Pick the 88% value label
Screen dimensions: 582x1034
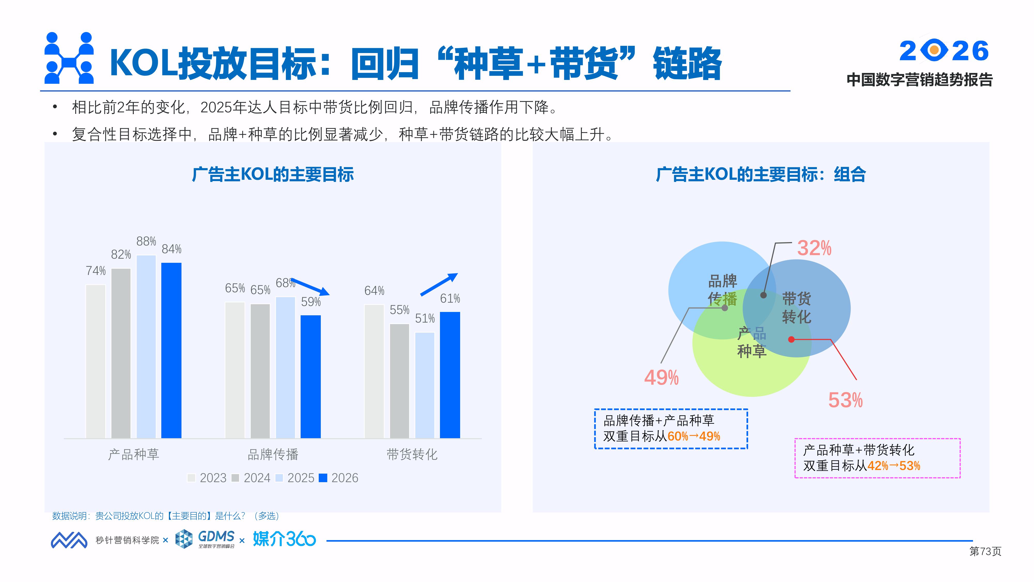(146, 241)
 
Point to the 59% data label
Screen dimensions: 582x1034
(311, 302)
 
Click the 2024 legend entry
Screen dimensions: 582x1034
(252, 478)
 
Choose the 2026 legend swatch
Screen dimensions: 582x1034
(323, 478)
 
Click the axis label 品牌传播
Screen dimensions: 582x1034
(273, 455)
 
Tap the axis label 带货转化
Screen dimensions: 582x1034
(412, 455)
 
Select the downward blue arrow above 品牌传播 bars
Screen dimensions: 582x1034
(310, 286)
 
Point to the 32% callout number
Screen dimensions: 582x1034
(814, 248)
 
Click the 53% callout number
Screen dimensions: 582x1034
(845, 400)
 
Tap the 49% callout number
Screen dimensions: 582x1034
(661, 378)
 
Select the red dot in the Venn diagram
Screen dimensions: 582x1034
(792, 339)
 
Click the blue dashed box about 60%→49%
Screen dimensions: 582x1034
(671, 429)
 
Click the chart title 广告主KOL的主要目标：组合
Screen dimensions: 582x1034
(761, 175)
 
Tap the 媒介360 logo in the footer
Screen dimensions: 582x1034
(284, 539)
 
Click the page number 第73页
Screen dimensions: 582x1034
(985, 551)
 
